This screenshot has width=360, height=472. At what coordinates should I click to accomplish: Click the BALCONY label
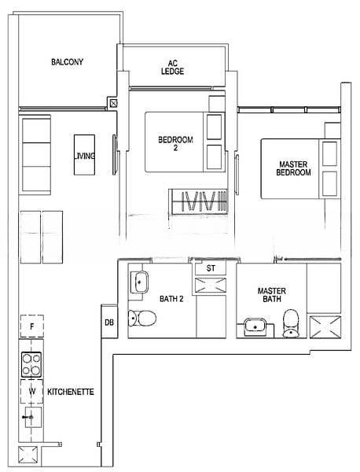click(x=67, y=62)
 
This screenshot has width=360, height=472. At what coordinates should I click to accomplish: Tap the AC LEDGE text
click(x=172, y=68)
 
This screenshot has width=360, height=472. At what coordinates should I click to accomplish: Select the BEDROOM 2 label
click(x=175, y=144)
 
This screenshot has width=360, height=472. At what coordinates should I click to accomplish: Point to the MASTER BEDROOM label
click(x=293, y=168)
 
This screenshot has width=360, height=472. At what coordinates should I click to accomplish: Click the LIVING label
click(x=85, y=156)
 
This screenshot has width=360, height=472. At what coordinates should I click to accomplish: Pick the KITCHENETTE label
click(x=71, y=392)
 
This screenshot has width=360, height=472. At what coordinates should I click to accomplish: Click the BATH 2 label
click(x=171, y=299)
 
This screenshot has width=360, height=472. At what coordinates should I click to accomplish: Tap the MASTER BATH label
click(x=272, y=295)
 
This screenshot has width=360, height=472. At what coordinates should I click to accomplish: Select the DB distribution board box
click(x=109, y=322)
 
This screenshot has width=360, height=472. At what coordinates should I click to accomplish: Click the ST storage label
click(x=211, y=268)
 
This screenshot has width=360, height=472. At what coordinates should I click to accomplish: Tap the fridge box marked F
click(x=32, y=326)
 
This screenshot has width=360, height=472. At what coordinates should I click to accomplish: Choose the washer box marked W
click(x=32, y=391)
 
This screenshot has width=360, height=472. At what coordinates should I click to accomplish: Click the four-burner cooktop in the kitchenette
click(x=31, y=364)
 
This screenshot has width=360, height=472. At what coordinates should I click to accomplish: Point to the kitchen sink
click(x=33, y=417)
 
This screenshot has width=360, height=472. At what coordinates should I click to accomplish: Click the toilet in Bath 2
click(x=142, y=318)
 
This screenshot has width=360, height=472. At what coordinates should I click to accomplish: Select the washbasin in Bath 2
click(x=140, y=282)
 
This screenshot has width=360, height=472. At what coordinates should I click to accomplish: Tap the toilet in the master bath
click(x=291, y=323)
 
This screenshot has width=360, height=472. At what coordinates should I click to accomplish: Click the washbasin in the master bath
click(x=255, y=327)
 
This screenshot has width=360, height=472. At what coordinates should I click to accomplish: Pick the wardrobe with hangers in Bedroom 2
click(x=198, y=202)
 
